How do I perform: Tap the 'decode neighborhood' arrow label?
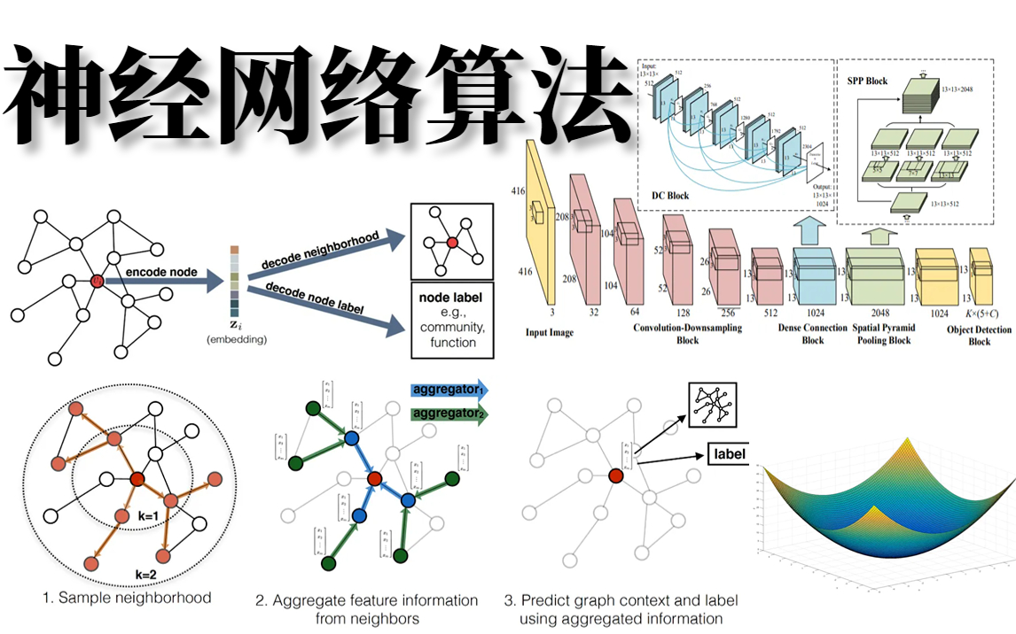tap(320, 249)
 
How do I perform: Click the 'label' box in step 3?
tap(728, 455)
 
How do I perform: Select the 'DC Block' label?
tap(671, 195)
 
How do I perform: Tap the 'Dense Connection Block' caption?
tap(812, 333)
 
